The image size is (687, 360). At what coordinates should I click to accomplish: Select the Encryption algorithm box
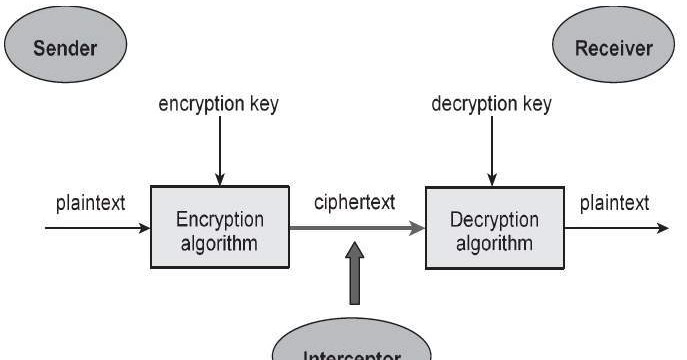pos(220,228)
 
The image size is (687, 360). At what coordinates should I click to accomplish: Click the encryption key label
pos(218,104)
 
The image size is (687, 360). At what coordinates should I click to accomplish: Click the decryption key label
pos(491,104)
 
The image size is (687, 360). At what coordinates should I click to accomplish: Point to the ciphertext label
pos(353,202)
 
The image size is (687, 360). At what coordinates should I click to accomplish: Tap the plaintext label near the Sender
pos(90,203)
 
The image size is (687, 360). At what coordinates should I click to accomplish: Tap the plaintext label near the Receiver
pos(615,203)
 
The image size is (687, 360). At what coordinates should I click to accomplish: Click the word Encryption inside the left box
pos(220,219)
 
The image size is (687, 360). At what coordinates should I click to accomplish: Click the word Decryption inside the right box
pos(494,220)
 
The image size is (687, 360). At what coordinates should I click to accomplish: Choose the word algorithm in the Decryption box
pos(494,242)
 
